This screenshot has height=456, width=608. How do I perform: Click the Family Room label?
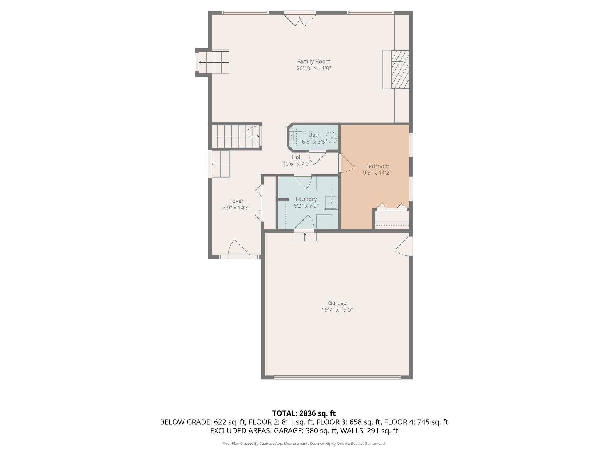click(314, 61)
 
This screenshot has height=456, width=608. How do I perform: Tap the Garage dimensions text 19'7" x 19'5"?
click(337, 310)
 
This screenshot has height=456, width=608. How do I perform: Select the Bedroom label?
click(377, 166)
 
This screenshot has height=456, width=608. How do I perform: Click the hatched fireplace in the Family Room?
click(400, 70)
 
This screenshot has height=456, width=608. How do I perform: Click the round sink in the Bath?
click(332, 138)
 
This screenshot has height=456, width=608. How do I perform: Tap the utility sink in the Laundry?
click(331, 202)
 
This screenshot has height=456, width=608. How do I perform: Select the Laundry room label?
click(306, 199)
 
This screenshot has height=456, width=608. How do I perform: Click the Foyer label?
click(236, 201)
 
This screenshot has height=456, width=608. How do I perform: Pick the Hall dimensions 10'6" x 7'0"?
click(296, 164)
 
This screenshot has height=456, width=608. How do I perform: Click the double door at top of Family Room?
click(300, 19)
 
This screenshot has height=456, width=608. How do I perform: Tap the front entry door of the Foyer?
click(239, 249)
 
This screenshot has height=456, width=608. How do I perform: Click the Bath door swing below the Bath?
click(317, 157)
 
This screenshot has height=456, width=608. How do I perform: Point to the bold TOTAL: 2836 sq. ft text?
click(304, 413)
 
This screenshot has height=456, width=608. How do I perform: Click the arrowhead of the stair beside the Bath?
click(258, 136)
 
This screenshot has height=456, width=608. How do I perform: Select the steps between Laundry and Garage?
click(304, 237)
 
